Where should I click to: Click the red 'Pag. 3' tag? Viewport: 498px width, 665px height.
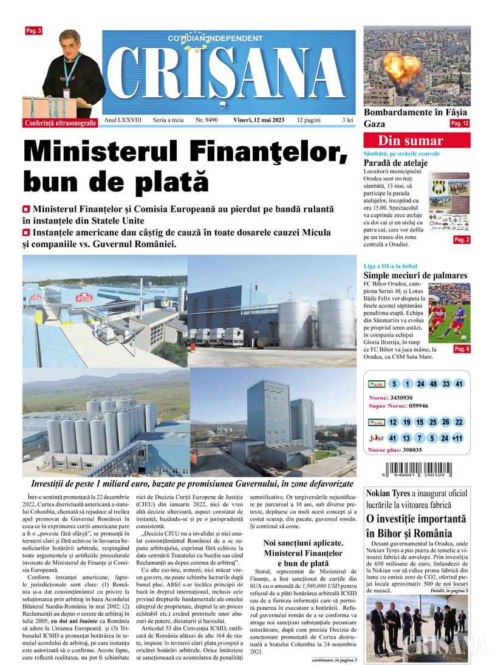coord(33,30)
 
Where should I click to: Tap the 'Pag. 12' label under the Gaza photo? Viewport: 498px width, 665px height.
coord(459,123)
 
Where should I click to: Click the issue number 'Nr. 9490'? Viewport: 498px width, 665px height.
coord(206,120)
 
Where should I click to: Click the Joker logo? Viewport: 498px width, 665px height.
coord(375,438)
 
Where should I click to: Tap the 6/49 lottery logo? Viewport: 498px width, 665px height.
coord(375,384)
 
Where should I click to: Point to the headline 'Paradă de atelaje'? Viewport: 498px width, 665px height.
coord(395,163)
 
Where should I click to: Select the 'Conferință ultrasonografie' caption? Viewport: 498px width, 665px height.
coord(61,123)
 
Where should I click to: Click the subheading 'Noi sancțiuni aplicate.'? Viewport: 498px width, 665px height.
coord(304,542)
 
